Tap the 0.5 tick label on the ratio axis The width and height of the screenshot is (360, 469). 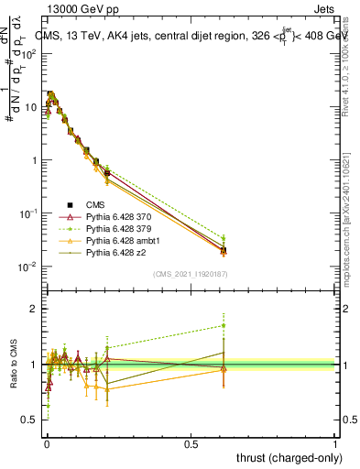click(x=29, y=420)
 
